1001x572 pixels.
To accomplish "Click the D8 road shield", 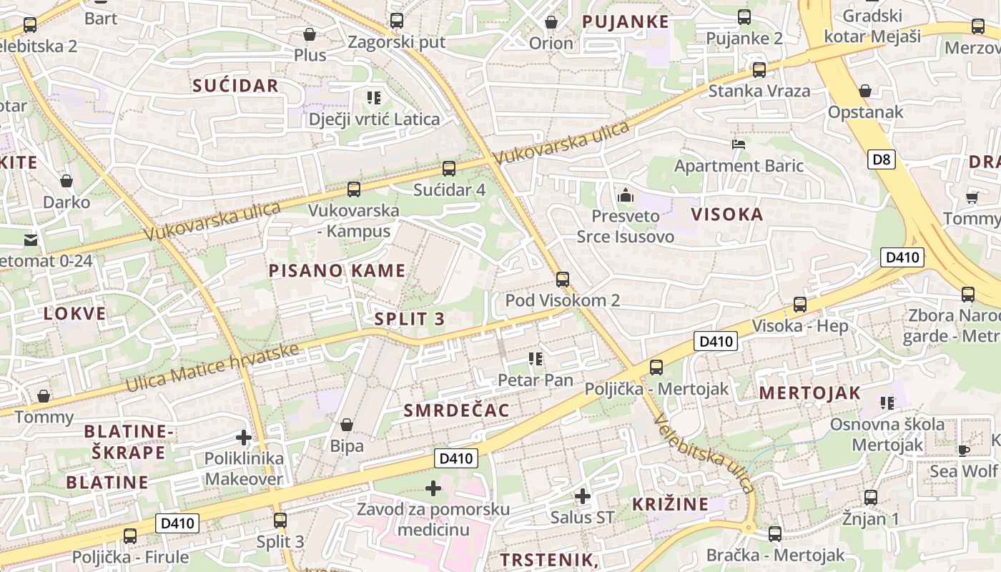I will tap(882, 159).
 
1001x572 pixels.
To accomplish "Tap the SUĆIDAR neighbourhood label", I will tap(235, 86).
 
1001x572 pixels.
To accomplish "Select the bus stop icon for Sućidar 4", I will tap(449, 169).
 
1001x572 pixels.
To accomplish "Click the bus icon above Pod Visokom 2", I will tap(563, 279).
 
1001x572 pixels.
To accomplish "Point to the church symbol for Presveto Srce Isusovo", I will tap(626, 194).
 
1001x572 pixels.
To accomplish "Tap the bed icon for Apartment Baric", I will tap(739, 144).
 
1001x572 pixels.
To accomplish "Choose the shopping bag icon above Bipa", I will tap(347, 425).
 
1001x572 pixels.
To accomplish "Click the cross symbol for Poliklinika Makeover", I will tap(244, 437).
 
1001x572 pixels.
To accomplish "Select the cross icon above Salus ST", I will tap(583, 495).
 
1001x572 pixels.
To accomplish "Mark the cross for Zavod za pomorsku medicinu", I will tap(433, 488).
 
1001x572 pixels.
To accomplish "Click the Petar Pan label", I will tap(536, 380).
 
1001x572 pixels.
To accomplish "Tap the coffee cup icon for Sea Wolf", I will tap(964, 450).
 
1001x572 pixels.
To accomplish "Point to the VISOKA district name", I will tap(727, 214).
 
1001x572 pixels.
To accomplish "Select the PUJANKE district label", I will tap(626, 21).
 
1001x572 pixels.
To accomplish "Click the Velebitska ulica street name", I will tap(704, 454).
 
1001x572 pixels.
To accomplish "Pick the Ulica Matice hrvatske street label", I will tap(212, 368).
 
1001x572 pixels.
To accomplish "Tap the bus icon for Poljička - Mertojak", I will tap(656, 368).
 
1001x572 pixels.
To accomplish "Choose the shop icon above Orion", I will tap(551, 22).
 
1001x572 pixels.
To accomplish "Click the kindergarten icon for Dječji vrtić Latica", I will tap(374, 97).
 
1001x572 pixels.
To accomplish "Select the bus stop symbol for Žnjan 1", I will tap(871, 497).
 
